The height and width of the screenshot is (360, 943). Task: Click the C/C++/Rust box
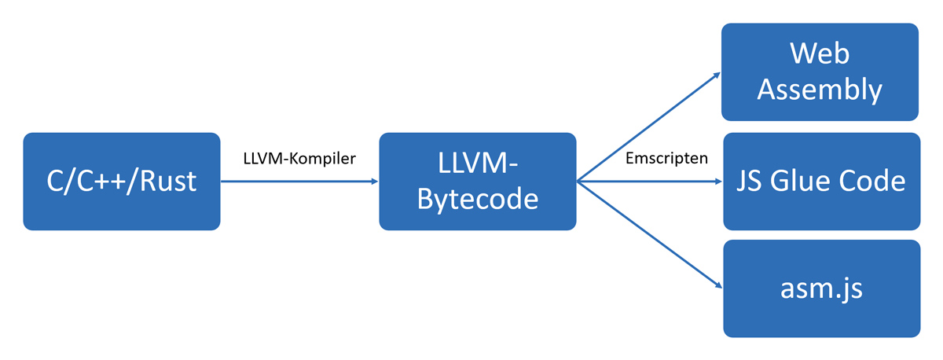point(121,182)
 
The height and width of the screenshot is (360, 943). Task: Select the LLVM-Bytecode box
point(477,182)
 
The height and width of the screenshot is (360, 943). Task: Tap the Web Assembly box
point(820,72)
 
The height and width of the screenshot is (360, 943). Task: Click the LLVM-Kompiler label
point(299,159)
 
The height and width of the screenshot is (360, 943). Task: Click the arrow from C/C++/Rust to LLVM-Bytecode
point(299,182)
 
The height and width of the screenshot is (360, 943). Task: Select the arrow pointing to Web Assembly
point(648,128)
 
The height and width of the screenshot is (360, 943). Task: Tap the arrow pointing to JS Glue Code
point(648,182)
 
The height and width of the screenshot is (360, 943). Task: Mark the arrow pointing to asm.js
point(648,234)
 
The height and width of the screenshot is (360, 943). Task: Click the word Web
point(820,54)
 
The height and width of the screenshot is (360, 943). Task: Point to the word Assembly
point(820,90)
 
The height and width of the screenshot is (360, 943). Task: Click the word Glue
point(811,182)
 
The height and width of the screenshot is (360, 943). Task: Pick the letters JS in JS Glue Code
point(754,182)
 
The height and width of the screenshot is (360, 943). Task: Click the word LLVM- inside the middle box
point(477,164)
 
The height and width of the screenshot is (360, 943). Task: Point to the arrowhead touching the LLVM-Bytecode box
point(373,182)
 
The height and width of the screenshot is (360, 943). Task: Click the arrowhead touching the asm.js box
point(717,286)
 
